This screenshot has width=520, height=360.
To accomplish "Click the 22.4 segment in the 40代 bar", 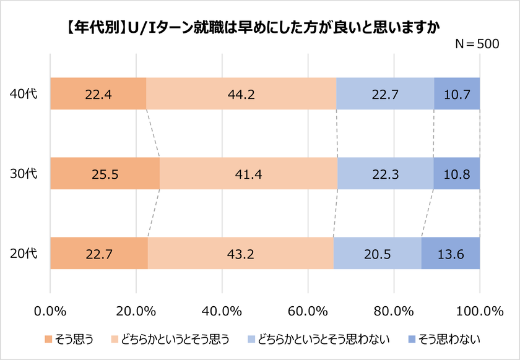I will [98, 94].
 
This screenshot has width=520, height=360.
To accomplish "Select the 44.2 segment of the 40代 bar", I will [241, 94].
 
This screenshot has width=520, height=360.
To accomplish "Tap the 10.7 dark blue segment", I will [457, 94].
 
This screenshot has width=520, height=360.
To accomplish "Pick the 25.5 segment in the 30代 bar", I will [105, 174].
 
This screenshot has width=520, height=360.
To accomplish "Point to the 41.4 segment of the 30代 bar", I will [249, 174].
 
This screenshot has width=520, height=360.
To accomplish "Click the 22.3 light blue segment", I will [385, 174].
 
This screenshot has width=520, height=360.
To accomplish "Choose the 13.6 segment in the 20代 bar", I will [451, 254].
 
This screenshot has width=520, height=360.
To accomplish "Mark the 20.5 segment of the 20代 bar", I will [378, 254].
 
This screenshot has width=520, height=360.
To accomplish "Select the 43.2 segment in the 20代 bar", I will [241, 254].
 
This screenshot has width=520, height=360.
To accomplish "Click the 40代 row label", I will [24, 94].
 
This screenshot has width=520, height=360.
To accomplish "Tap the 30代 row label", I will [24, 174].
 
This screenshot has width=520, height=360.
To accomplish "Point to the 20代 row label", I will [24, 254].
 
